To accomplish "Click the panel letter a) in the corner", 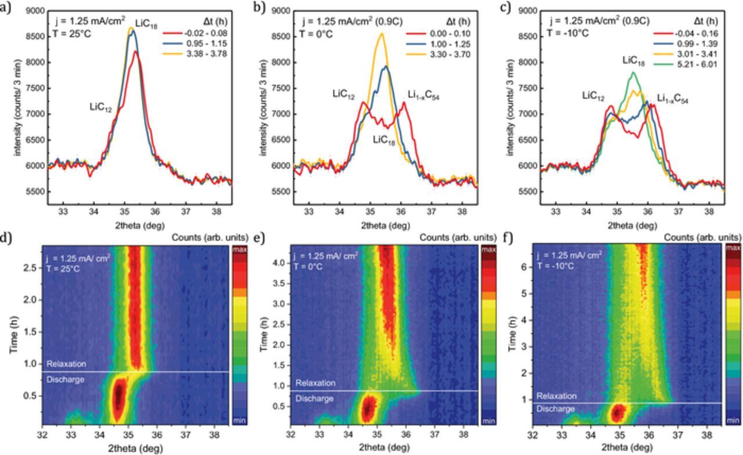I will pyautogui.click(x=6, y=9).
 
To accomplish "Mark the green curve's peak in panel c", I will pyautogui.click(x=633, y=73).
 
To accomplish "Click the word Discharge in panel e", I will pyautogui.click(x=315, y=399).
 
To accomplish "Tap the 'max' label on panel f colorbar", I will pyautogui.click(x=733, y=248).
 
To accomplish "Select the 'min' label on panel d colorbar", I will pyautogui.click(x=240, y=420).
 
